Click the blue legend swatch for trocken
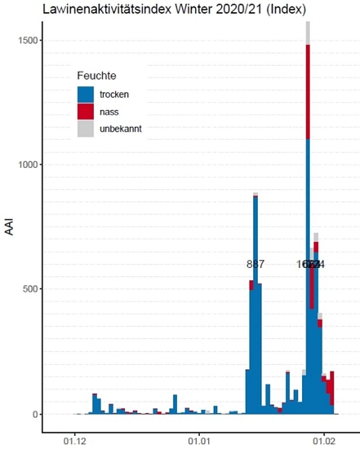coord(85,94)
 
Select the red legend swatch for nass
coord(85,111)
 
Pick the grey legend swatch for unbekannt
coord(85,129)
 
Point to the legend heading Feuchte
coord(96,75)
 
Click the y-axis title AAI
coord(10,226)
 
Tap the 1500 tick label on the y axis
coord(26,40)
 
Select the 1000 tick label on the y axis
coord(26,164)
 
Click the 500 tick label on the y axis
coord(29,289)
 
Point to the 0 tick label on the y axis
coord(34,414)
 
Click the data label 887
coord(255,264)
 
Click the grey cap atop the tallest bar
coord(307,33)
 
